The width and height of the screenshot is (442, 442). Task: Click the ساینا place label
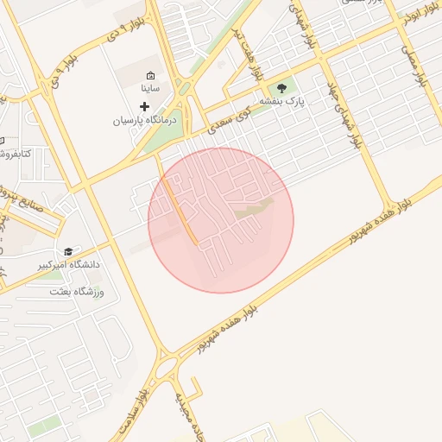click(149, 89)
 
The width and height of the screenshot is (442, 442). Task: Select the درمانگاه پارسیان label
click(145, 121)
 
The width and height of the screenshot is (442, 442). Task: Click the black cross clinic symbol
click(144, 105)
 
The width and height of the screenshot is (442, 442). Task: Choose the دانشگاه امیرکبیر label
click(67, 265)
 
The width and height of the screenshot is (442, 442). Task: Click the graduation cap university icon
click(67, 250)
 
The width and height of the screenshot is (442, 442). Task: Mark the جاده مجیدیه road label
click(186, 414)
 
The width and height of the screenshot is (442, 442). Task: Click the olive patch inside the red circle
click(254, 207)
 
